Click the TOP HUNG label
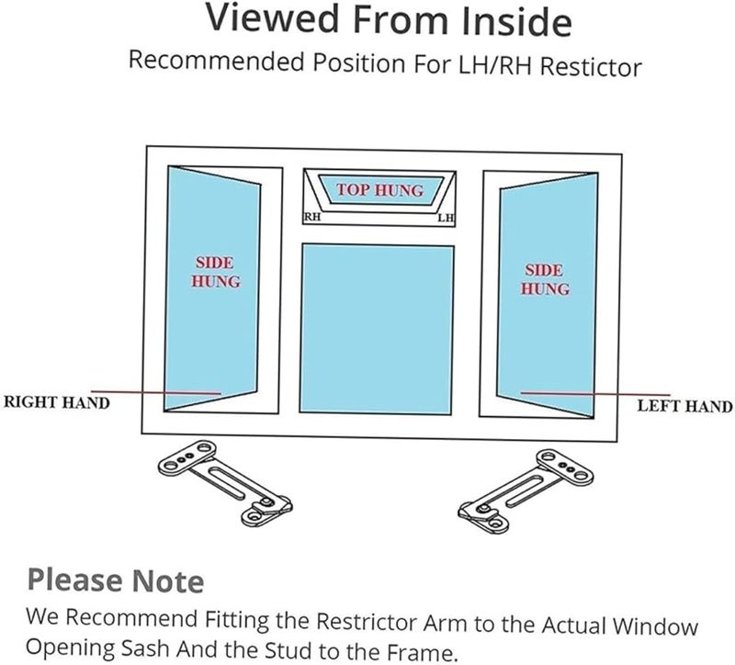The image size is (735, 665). coord(379,190)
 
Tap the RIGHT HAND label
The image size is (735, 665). coord(57,403)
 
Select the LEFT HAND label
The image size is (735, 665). coord(684,406)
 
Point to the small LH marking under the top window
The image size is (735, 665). coord(446,218)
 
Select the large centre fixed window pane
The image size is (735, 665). coord(377,329)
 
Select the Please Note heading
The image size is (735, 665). coord(115,580)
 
